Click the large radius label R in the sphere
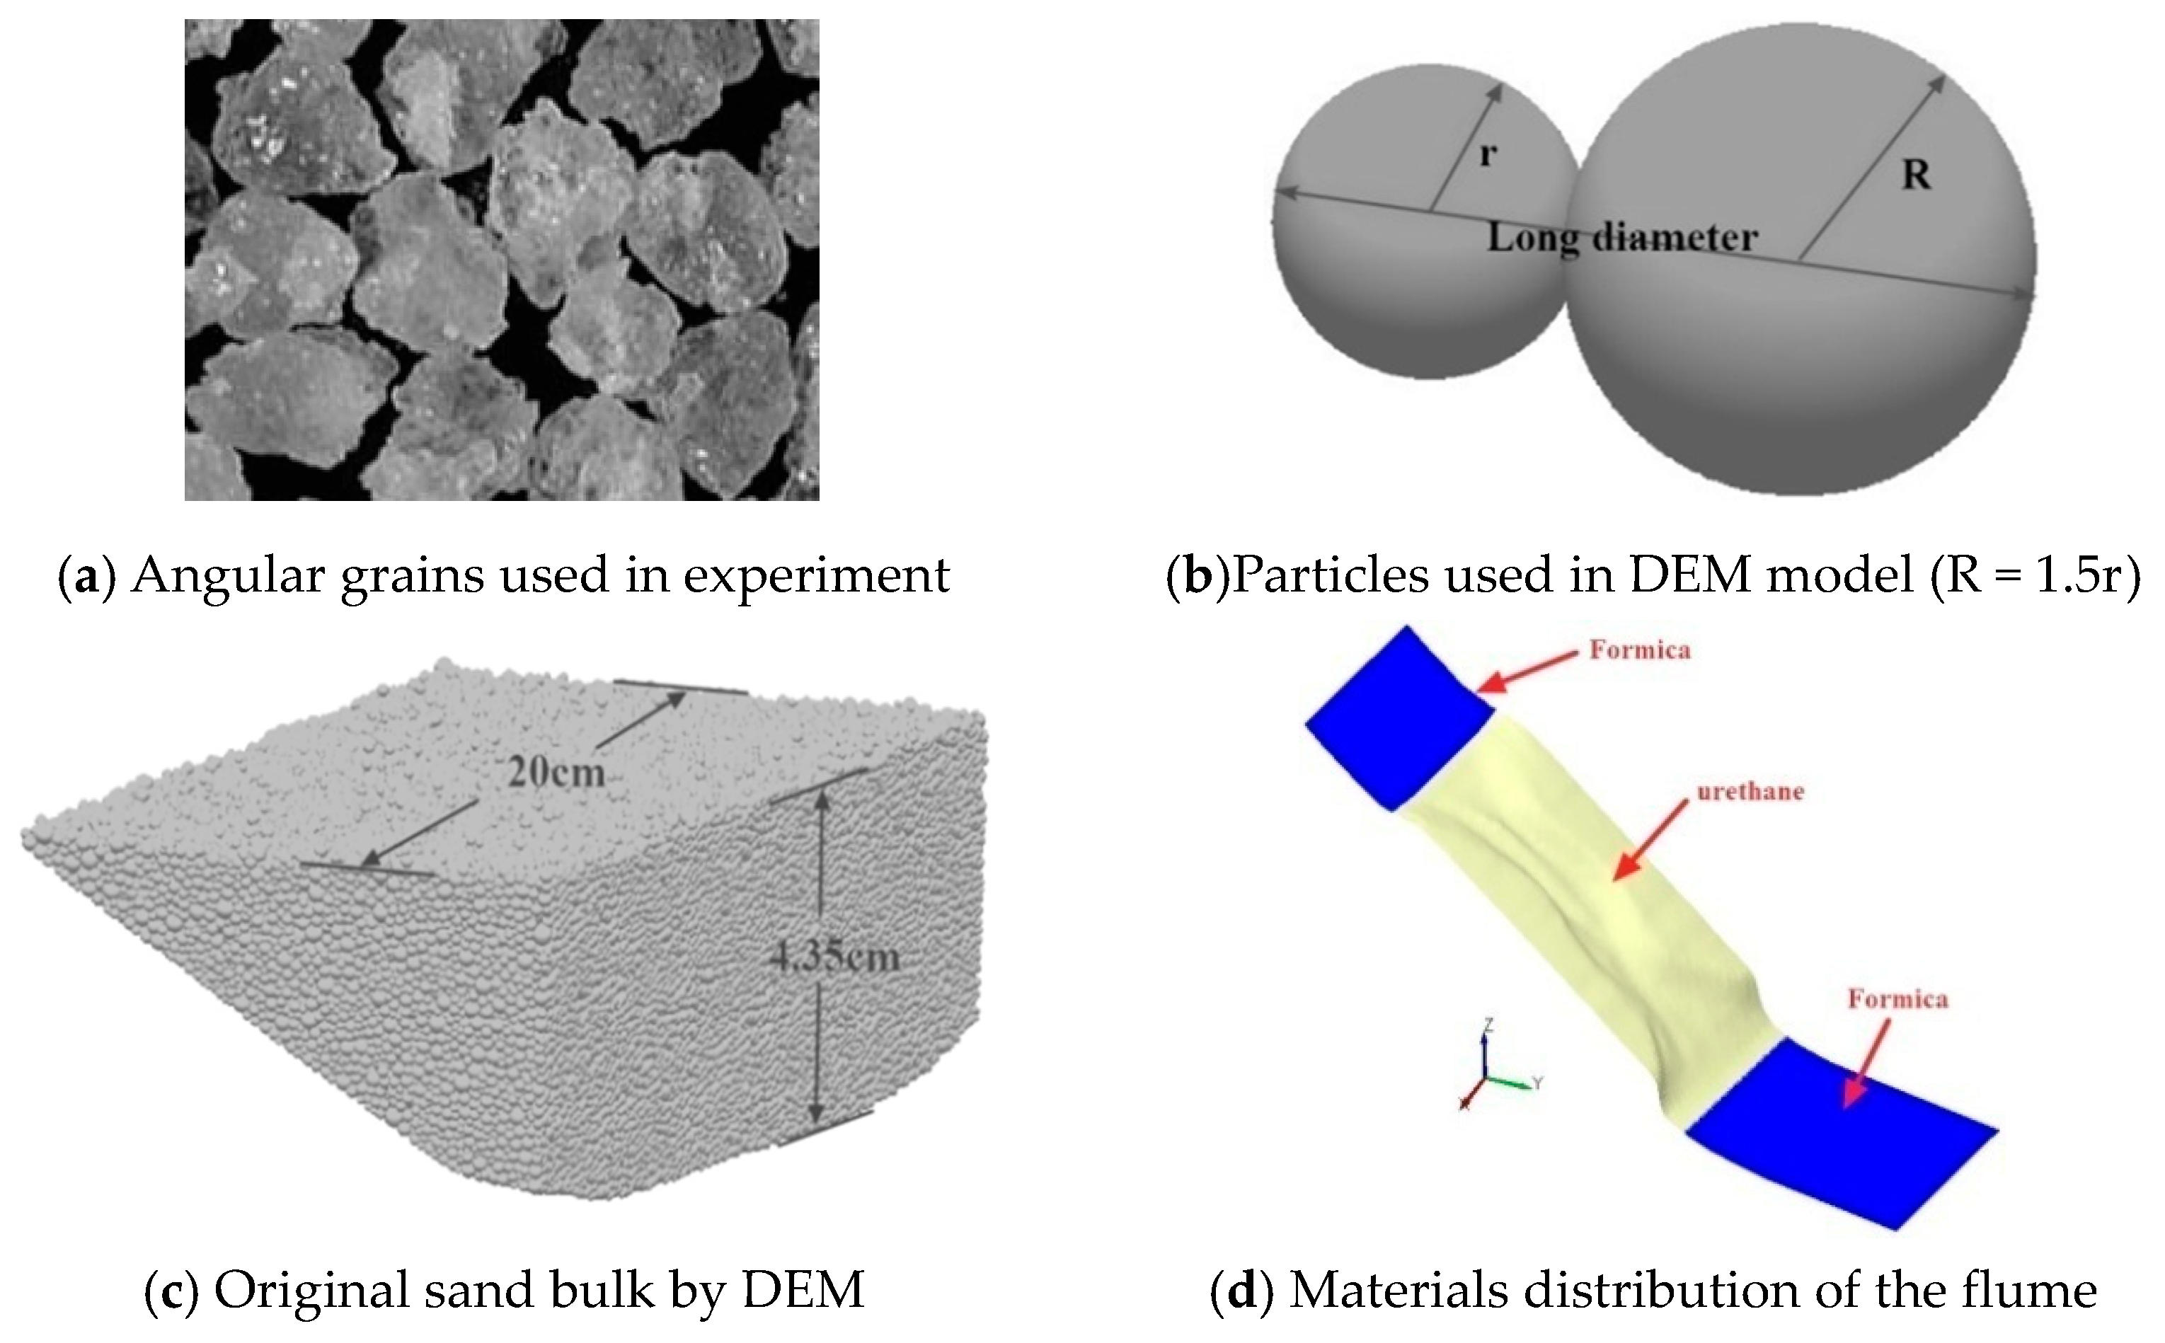point(1917,175)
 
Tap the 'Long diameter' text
point(1622,237)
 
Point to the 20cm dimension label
point(556,773)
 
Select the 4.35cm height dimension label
point(835,957)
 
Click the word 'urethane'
point(1750,791)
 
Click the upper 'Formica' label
point(1640,650)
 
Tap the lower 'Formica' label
point(1897,999)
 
